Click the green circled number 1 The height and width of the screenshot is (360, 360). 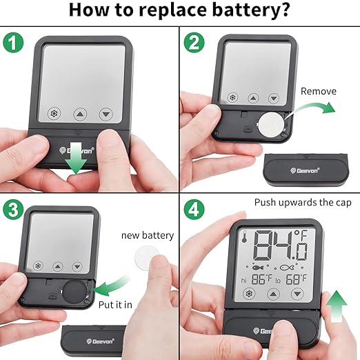coord(13,43)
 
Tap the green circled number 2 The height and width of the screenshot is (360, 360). coord(194,43)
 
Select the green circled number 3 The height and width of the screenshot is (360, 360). coord(13,210)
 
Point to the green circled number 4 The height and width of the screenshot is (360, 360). coord(194,210)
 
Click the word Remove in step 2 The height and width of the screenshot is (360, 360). coord(319,91)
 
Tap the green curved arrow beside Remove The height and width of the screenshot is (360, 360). coord(311,108)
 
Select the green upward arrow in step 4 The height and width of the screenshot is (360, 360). coord(337,306)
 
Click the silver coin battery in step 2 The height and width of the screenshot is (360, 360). coord(271,124)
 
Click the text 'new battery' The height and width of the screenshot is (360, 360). coord(148,236)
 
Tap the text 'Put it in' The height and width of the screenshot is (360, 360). coord(115,305)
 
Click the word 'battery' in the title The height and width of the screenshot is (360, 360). coord(250,10)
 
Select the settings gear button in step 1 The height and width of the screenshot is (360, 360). coord(54,113)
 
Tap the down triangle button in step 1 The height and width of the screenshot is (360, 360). coord(106,114)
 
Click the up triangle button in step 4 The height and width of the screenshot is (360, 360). coord(273,294)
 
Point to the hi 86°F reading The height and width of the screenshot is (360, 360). coord(257,279)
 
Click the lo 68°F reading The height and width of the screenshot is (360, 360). coord(291,279)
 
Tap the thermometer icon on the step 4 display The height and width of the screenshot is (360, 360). coord(244,237)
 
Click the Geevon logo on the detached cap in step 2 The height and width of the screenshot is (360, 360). coord(305,170)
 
